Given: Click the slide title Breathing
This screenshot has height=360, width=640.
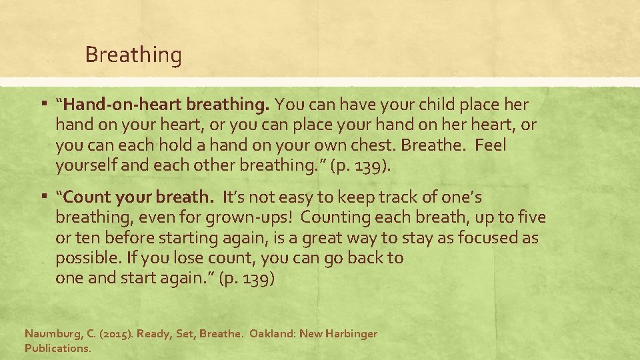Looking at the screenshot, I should [133, 55].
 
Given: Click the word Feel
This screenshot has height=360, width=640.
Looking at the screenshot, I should [491, 145].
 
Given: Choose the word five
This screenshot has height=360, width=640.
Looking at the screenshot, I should [531, 217].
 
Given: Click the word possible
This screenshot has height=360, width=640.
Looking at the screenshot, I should [87, 258].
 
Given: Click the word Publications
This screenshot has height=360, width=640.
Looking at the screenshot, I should [57, 348].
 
